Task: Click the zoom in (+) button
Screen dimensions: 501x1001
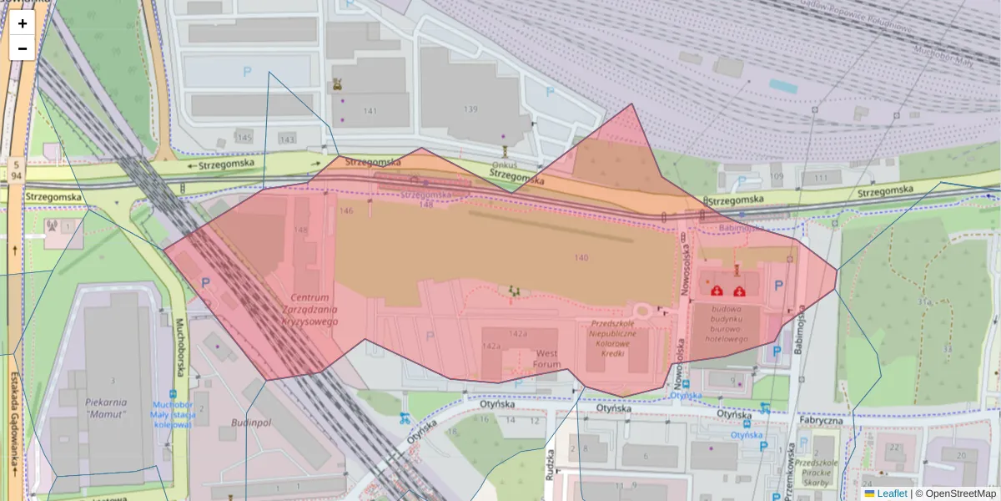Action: click(x=23, y=23)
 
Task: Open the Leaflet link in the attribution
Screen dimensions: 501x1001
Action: click(x=891, y=493)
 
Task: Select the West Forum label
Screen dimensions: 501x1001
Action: click(x=547, y=358)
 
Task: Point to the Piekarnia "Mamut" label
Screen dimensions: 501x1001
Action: click(x=105, y=407)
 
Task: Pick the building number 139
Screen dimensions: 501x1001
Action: click(x=470, y=109)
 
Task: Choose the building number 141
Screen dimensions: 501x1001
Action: click(x=370, y=111)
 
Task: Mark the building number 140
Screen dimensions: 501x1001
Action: click(x=581, y=257)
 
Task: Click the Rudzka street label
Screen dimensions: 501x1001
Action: click(x=551, y=460)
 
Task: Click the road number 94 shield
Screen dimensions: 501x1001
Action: click(x=17, y=176)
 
